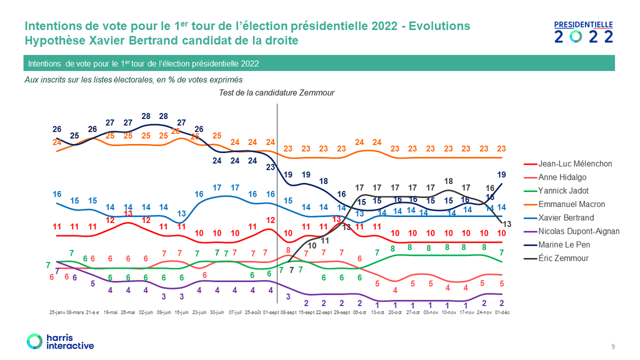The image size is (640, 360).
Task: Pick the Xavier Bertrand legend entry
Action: (x=566, y=218)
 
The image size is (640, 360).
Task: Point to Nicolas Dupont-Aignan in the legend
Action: (x=579, y=231)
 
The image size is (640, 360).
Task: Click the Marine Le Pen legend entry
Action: (x=564, y=245)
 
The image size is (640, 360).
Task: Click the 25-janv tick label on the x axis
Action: (x=57, y=313)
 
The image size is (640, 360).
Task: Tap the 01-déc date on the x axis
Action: (x=502, y=313)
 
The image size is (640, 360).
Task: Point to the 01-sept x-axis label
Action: (x=270, y=313)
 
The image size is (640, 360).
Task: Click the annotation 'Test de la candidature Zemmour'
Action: (x=277, y=93)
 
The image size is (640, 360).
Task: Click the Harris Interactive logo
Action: (x=60, y=342)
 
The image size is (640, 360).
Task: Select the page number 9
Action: (x=613, y=347)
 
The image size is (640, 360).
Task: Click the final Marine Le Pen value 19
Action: (x=502, y=174)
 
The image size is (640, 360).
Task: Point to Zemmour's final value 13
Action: (x=507, y=224)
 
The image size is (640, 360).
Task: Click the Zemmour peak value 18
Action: (x=449, y=181)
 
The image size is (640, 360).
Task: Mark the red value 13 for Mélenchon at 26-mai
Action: (x=128, y=213)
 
